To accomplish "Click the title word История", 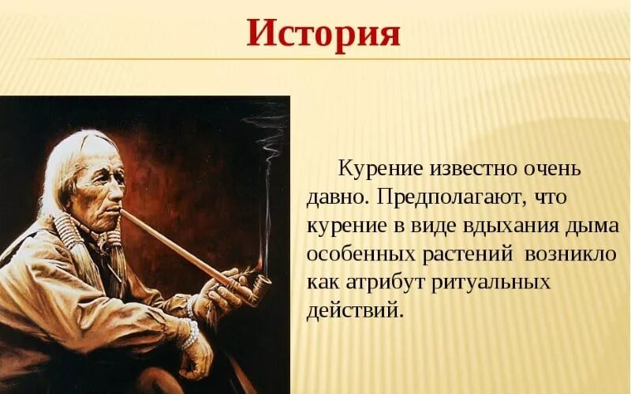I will pyautogui.click(x=323, y=33).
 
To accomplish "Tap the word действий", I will pyautogui.click(x=353, y=309).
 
